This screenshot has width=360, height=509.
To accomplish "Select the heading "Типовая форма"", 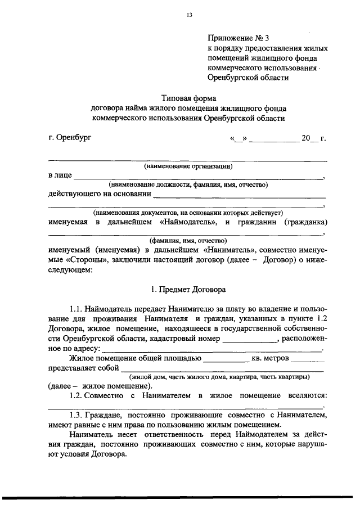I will point(188,98).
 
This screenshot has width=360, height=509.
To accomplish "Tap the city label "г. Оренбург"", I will point(69,137).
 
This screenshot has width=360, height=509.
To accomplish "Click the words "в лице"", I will point(60,175).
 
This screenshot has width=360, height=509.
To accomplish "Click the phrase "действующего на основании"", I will point(100,194).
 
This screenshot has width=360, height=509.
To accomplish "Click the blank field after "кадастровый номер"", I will point(250,340).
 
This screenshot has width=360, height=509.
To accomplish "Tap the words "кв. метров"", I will point(271,358).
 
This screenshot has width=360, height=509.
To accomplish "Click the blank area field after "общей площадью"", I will point(225,359).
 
